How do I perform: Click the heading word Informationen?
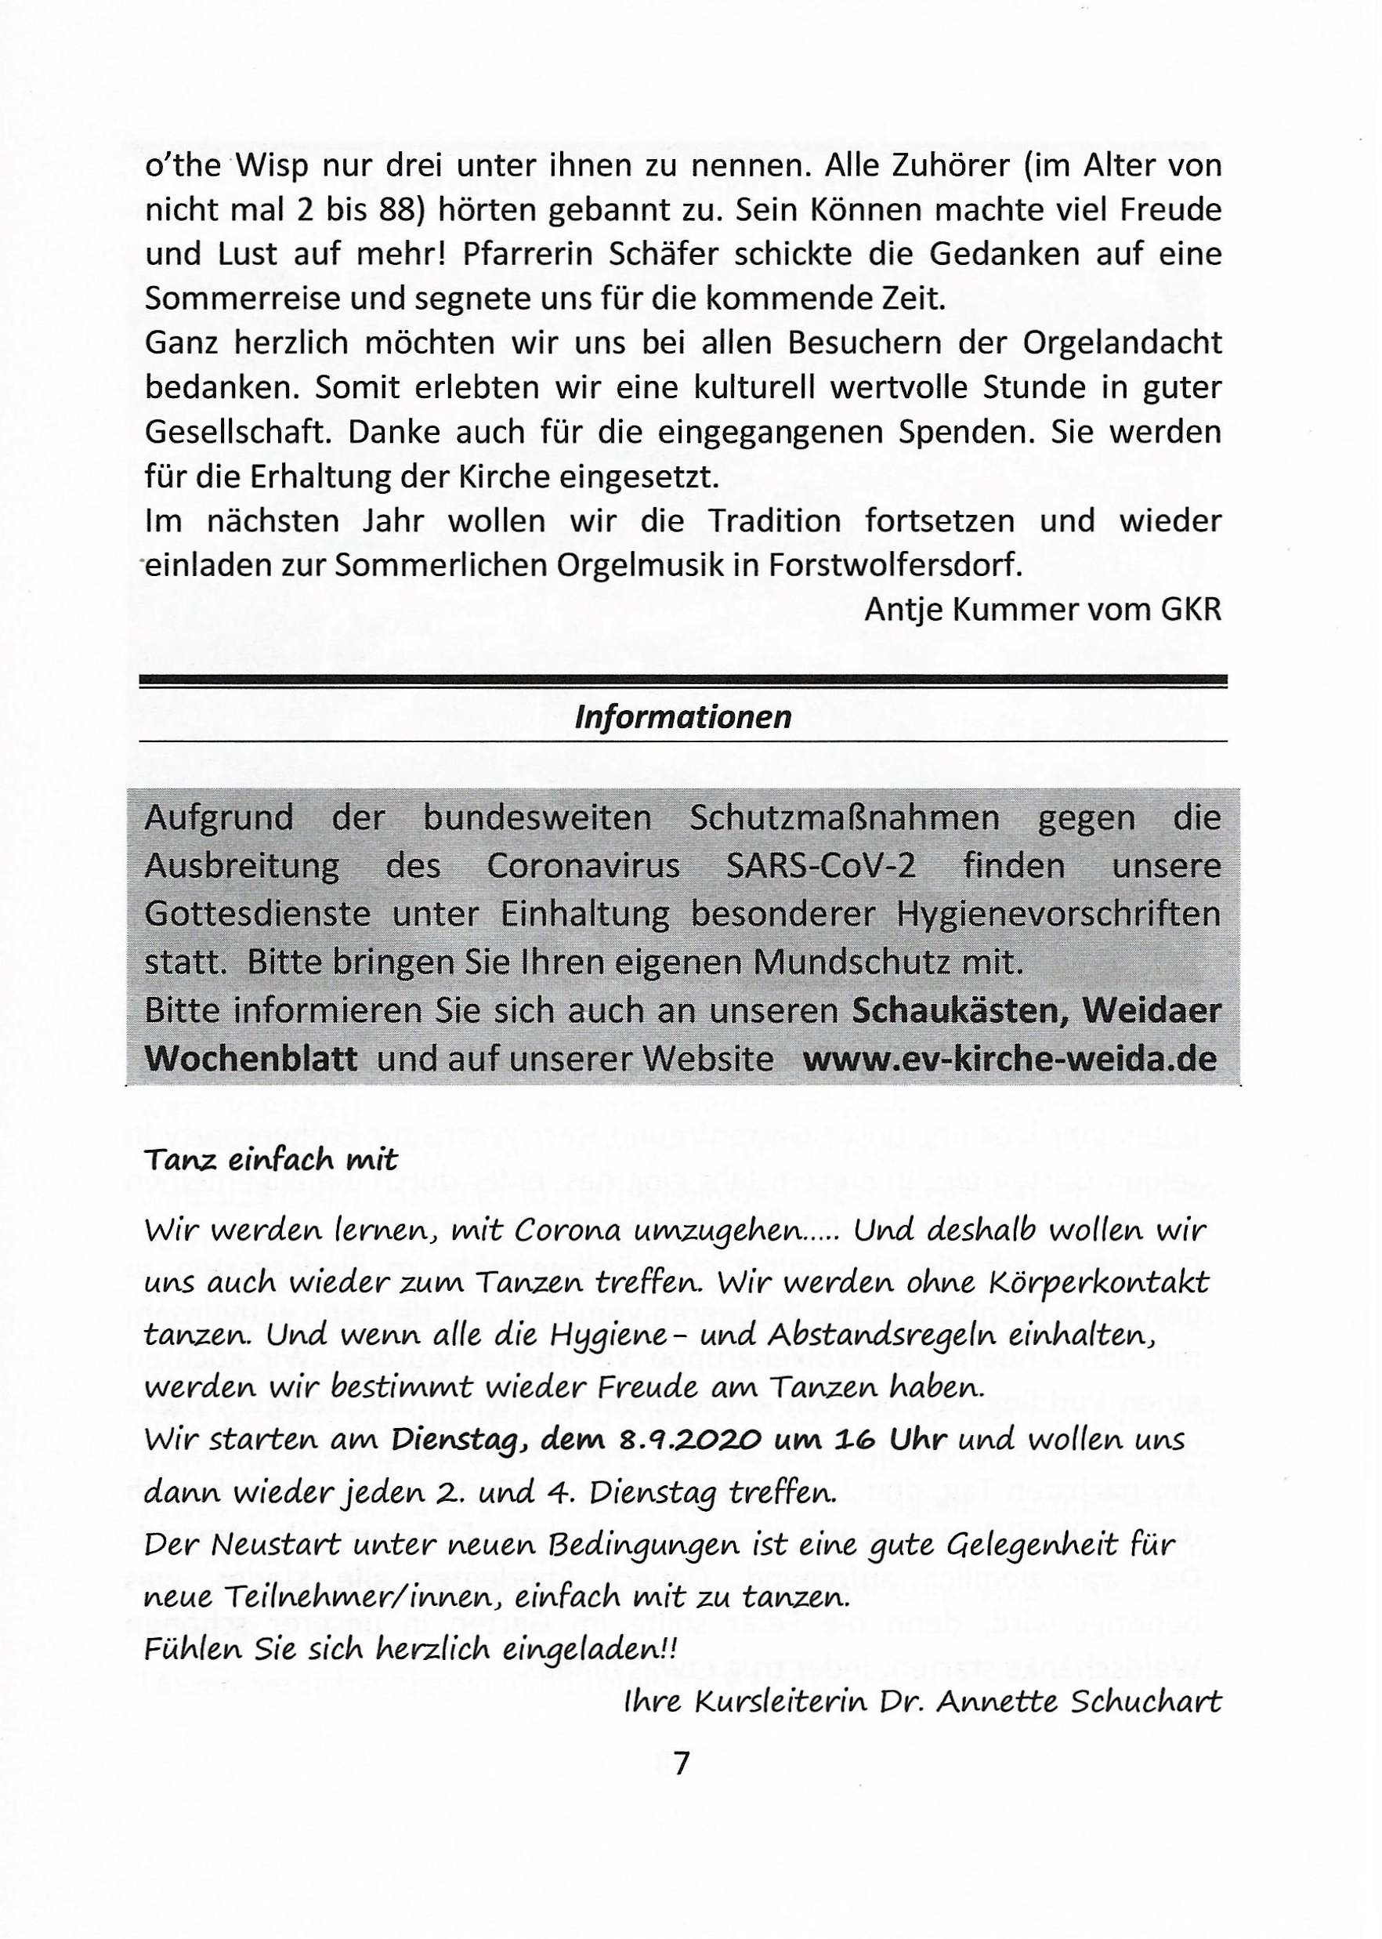(682, 718)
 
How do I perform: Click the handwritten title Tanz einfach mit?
(271, 1160)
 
